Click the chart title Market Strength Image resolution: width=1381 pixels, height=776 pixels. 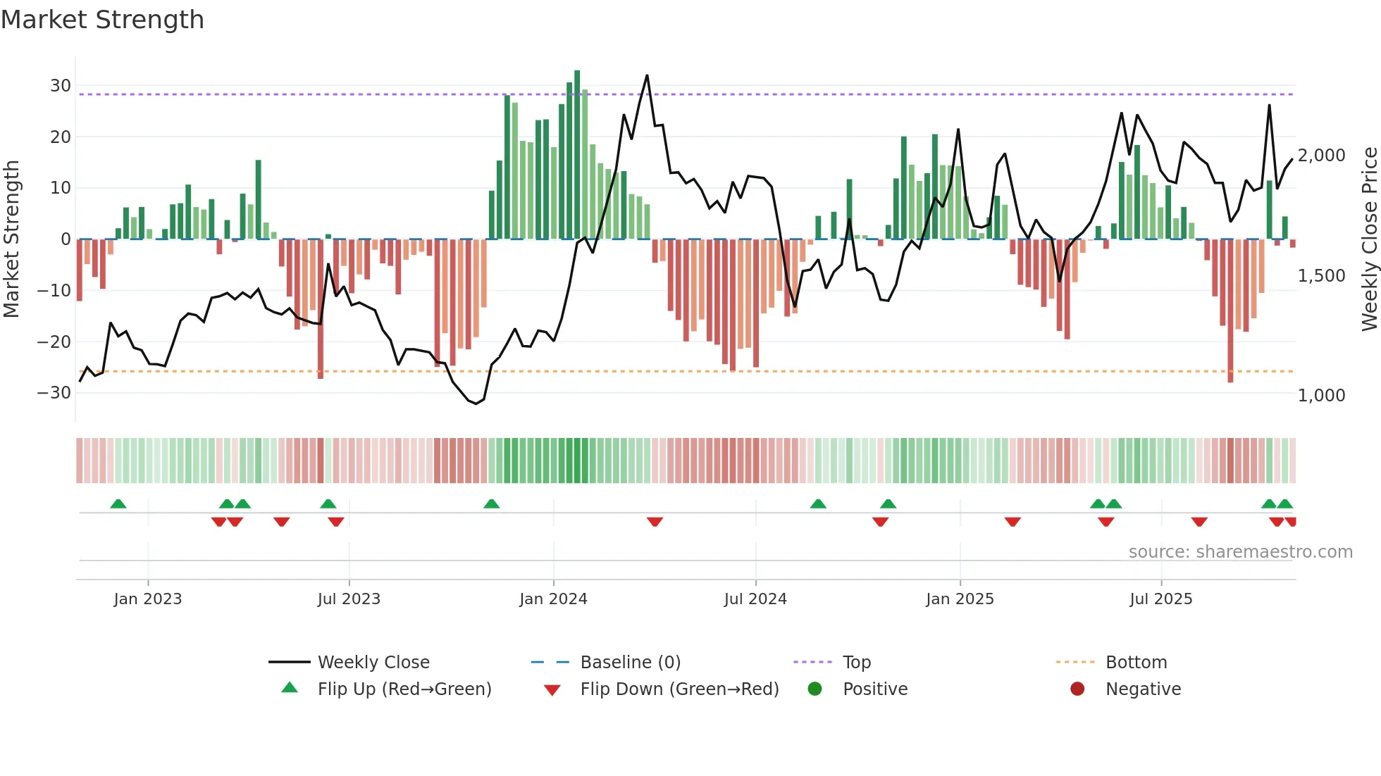click(x=102, y=20)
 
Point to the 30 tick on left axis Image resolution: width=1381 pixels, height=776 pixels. click(x=61, y=86)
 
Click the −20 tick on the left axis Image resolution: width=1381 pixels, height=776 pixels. click(x=54, y=342)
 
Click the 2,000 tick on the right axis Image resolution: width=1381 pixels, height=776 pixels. click(x=1321, y=156)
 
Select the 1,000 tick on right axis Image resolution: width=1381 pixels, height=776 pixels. click(x=1321, y=396)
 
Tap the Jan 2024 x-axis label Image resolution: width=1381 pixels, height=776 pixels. click(x=553, y=599)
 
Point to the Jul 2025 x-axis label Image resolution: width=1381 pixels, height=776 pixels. click(x=1160, y=599)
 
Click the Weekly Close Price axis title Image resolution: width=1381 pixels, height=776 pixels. click(x=1369, y=239)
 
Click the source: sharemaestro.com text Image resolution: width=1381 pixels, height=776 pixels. click(x=1240, y=552)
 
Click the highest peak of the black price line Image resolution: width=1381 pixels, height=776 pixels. click(x=647, y=75)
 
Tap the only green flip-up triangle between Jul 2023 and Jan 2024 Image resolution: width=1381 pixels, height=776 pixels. click(x=492, y=503)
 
